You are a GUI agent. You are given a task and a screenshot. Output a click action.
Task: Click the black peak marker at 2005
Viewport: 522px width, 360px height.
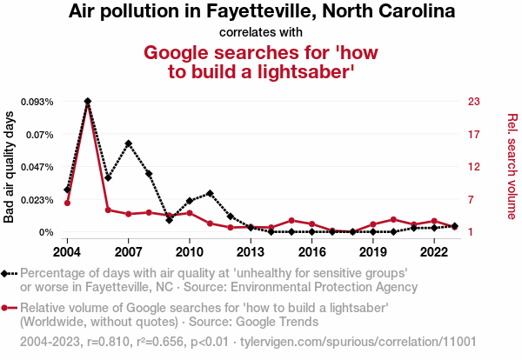pos(88,101)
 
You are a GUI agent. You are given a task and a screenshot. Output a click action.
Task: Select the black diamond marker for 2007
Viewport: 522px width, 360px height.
pos(129,143)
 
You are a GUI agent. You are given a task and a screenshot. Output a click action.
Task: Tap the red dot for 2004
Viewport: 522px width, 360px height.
pos(67,203)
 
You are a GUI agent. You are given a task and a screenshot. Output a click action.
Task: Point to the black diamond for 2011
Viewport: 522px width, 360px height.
pos(211,193)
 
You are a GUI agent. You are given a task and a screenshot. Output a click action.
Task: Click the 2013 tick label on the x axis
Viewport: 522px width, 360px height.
pos(251,252)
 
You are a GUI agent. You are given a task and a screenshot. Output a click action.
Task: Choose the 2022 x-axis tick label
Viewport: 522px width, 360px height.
pos(434,252)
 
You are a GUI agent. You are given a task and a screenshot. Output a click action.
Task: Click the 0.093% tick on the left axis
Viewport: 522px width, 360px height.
pos(37,102)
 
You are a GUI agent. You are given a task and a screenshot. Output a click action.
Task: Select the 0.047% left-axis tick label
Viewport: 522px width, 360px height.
pos(37,167)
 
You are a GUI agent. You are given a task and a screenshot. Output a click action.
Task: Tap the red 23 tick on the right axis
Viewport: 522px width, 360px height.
pos(474,102)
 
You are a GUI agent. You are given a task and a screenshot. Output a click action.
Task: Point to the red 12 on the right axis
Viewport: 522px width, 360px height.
pos(474,167)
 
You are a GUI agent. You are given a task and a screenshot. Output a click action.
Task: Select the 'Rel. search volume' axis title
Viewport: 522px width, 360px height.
pos(512,166)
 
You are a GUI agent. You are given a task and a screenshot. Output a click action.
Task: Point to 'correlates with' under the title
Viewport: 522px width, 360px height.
pos(261,32)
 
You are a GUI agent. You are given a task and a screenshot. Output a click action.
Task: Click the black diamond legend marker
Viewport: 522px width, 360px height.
pos(9,273)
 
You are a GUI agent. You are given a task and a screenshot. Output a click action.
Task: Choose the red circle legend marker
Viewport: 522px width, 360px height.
pos(9,308)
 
